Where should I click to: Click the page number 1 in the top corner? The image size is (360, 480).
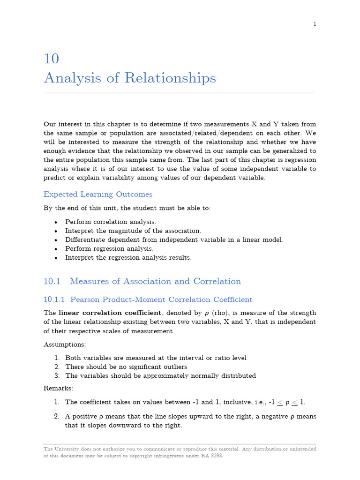click(315, 24)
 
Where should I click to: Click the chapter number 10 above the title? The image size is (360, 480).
click(52, 59)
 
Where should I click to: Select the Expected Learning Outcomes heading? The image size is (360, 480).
click(97, 194)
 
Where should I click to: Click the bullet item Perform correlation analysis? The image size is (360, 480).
click(111, 222)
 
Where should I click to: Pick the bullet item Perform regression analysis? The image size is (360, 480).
click(109, 248)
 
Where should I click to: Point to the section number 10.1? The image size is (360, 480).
click(52, 281)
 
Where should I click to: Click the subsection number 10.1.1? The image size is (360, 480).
click(54, 300)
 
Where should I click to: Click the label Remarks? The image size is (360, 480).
click(58, 388)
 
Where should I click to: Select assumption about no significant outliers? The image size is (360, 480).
click(126, 367)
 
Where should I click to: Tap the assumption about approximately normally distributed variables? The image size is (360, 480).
click(160, 375)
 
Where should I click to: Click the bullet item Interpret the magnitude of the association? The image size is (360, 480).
click(133, 231)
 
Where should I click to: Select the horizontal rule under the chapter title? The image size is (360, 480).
click(179, 93)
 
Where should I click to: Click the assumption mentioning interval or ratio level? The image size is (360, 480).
click(156, 358)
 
